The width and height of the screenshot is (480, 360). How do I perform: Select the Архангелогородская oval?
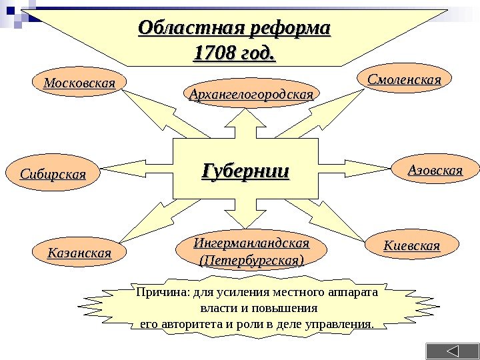[x=251, y=95]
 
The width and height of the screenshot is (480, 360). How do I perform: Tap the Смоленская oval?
[x=405, y=79]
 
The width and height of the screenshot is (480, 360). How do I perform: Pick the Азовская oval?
[x=435, y=171]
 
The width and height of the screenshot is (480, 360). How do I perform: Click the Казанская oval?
[x=79, y=253]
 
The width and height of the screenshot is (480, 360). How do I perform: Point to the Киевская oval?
[x=411, y=245]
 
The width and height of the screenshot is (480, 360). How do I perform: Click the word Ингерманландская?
[x=251, y=240]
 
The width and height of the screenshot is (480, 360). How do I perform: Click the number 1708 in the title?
[x=211, y=51]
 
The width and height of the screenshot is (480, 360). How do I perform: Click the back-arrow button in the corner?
[x=452, y=351]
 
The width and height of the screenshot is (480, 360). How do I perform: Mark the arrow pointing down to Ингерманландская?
[x=245, y=217]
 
